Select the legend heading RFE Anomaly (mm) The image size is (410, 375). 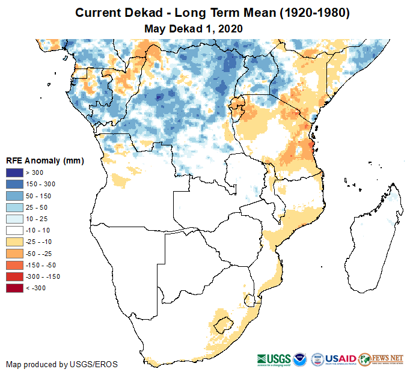(x=44, y=160)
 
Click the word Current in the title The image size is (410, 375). (x=98, y=13)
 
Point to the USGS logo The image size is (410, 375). (x=275, y=359)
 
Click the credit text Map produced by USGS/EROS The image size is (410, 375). (x=62, y=364)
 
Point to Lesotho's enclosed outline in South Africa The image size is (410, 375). (x=223, y=322)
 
